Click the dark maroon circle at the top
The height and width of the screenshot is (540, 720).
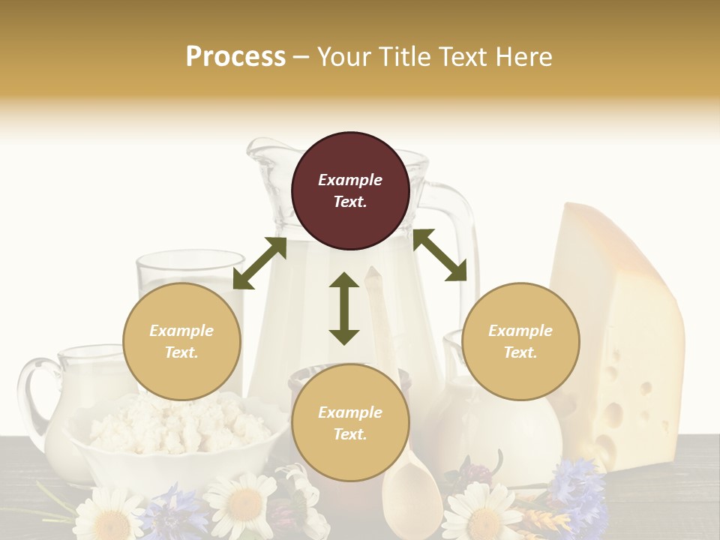pyautogui.click(x=350, y=190)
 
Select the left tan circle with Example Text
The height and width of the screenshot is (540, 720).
pyautogui.click(x=181, y=341)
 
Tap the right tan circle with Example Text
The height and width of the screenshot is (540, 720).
pyautogui.click(x=520, y=341)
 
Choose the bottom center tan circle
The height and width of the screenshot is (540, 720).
pyautogui.click(x=349, y=423)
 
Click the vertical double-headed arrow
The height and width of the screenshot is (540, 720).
pyautogui.click(x=344, y=308)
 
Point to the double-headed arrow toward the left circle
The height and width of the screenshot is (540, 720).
pyautogui.click(x=259, y=263)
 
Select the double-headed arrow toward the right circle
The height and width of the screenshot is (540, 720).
pyautogui.click(x=440, y=255)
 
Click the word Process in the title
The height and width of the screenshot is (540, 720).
pyautogui.click(x=235, y=56)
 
